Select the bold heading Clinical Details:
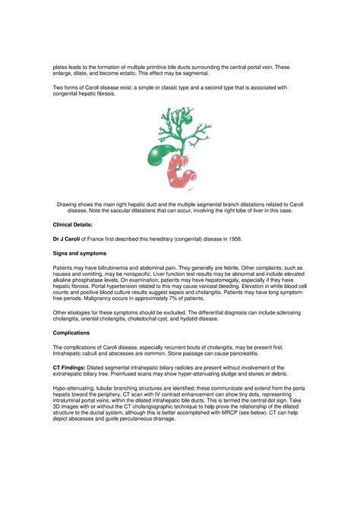[x=72, y=226]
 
